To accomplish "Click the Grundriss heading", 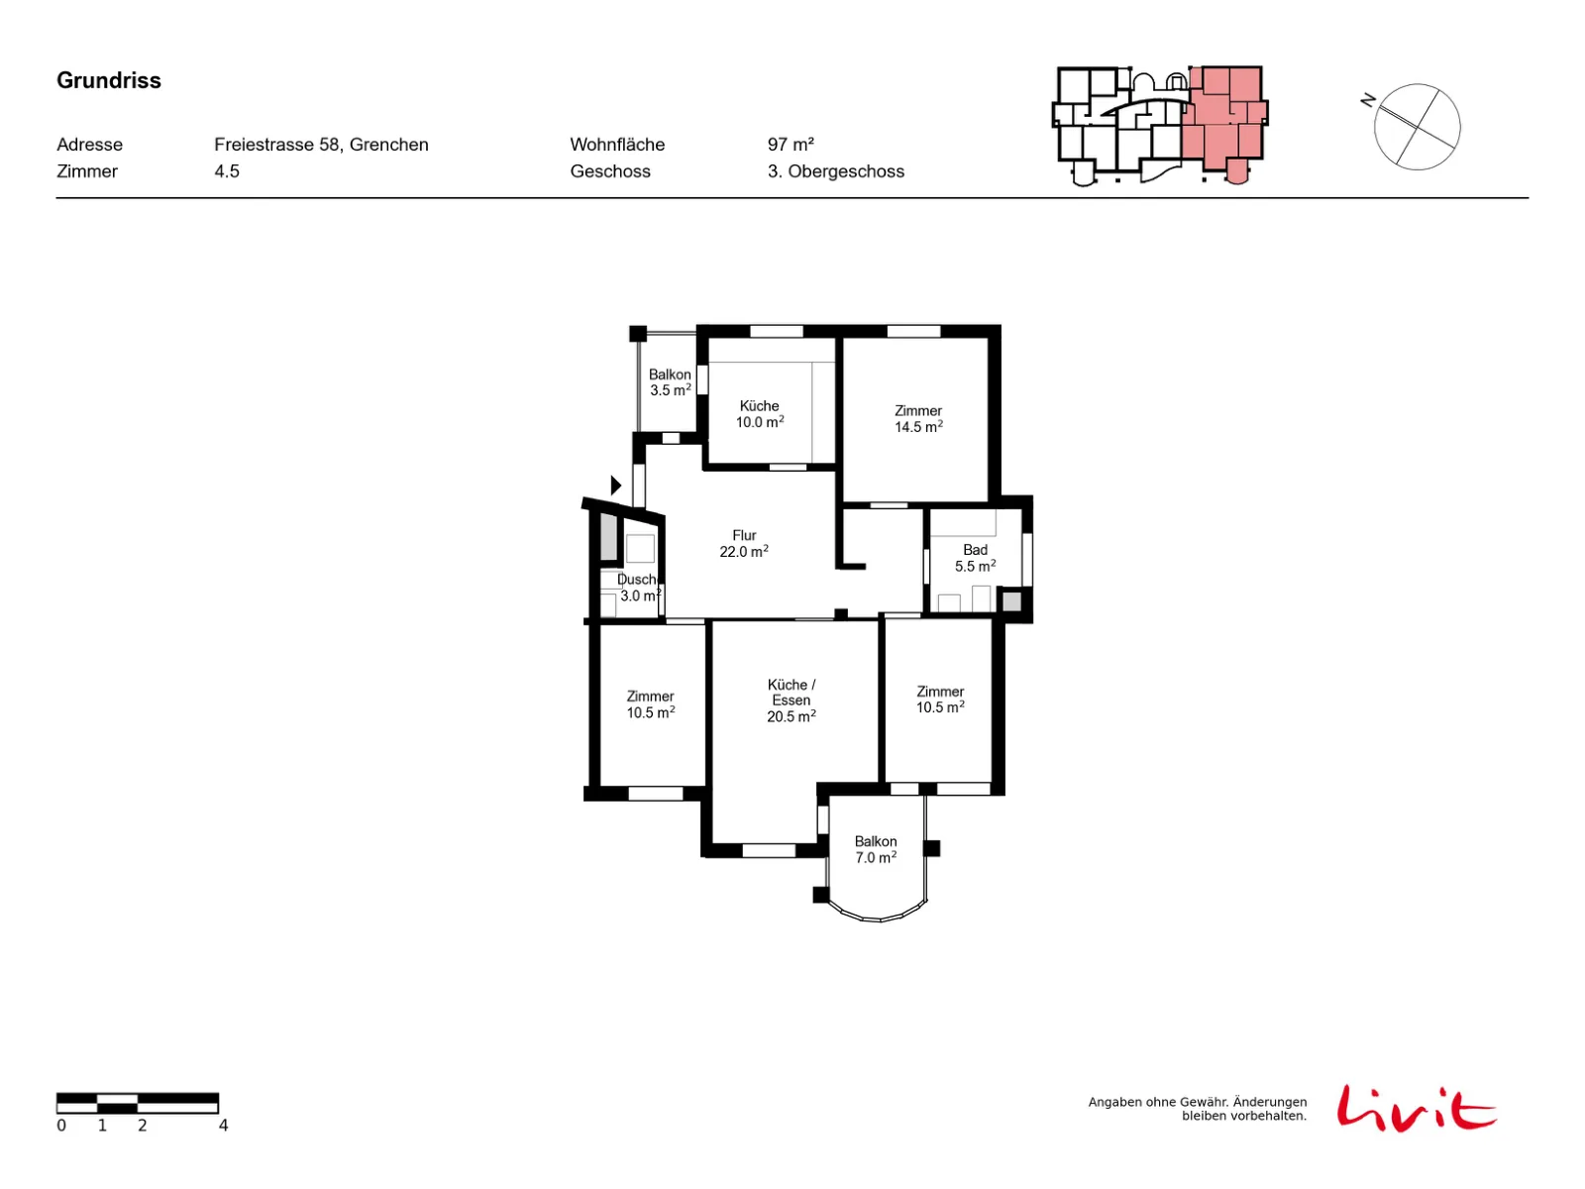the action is [x=108, y=80].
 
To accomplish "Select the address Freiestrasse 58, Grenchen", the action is [x=321, y=145].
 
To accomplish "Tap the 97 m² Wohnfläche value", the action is [x=790, y=145].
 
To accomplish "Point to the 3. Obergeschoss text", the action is [x=835, y=171].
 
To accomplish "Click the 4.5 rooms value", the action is [x=226, y=171].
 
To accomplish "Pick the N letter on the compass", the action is [x=1367, y=100].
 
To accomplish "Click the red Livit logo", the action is [x=1416, y=1107].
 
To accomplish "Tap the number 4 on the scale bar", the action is [x=223, y=1125].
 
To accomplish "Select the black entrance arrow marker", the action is [x=615, y=485].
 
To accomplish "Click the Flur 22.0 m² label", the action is [x=743, y=543].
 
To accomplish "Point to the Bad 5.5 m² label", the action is [x=974, y=557].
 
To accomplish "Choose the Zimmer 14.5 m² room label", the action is [x=917, y=418].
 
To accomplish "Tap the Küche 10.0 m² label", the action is [x=759, y=413].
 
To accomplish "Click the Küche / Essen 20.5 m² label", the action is [x=791, y=700].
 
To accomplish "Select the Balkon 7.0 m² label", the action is [x=875, y=848].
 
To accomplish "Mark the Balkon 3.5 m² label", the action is [x=670, y=381].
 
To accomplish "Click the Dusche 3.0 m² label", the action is [x=638, y=587].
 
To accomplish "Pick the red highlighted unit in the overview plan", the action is [x=1223, y=119].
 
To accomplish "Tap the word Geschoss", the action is [x=609, y=171].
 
